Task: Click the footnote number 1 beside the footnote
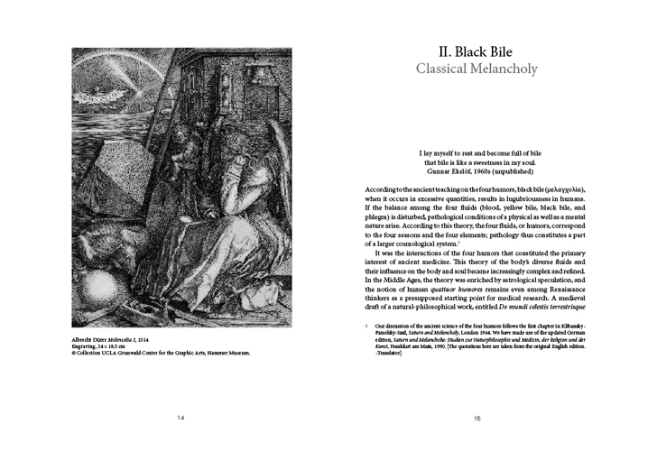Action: tap(366, 325)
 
